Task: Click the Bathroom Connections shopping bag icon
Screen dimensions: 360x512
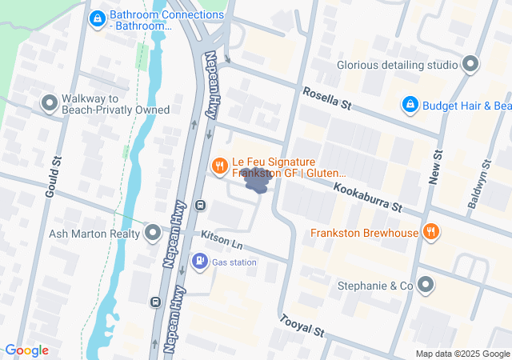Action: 97,18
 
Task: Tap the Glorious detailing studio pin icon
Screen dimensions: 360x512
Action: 471,64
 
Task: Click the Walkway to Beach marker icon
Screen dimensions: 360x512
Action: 49,102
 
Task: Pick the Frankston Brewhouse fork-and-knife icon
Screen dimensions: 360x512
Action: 431,233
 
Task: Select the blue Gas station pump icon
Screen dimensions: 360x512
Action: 199,262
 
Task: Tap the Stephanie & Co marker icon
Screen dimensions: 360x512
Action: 426,285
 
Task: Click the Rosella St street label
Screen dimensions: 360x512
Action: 326,99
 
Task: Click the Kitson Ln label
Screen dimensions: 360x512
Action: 222,238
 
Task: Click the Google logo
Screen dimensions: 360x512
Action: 26,350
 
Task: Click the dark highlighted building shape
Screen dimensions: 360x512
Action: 257,183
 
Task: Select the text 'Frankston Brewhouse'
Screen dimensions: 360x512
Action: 365,234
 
